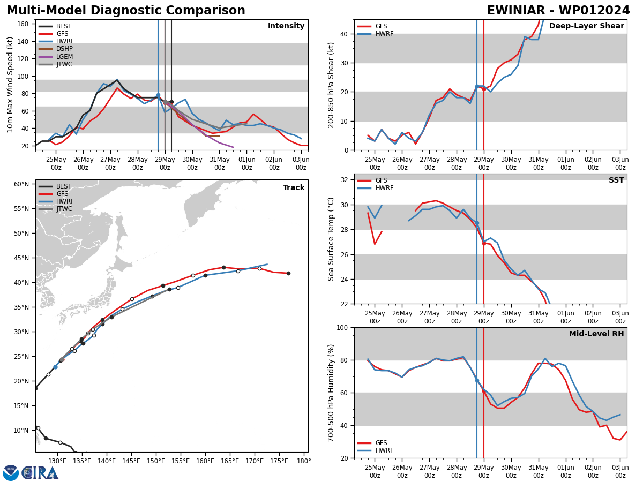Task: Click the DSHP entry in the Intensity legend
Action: (x=64, y=49)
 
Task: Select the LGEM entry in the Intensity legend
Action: (x=64, y=57)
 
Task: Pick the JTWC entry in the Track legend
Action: (x=64, y=209)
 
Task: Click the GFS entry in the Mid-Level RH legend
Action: (x=381, y=443)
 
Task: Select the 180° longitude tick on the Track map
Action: (x=304, y=461)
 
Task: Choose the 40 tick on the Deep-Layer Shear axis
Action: (x=344, y=34)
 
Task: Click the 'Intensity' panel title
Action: (x=286, y=26)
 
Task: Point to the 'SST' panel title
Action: (x=616, y=180)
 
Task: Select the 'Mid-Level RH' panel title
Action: (x=596, y=334)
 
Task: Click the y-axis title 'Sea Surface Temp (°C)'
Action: (x=332, y=239)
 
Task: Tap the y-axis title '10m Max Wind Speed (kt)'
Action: (x=10, y=85)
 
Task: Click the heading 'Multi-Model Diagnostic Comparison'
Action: (x=126, y=11)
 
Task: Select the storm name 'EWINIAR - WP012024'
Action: (x=558, y=11)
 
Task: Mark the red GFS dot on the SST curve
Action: (x=484, y=243)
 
